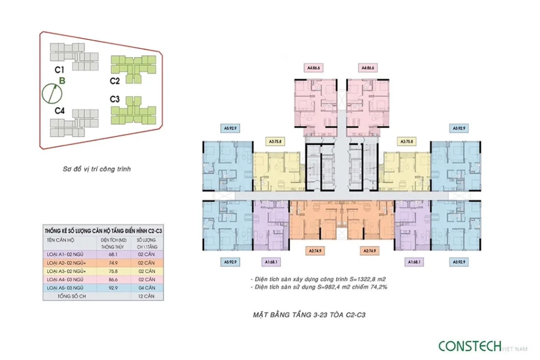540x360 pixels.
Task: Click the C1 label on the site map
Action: coord(59,70)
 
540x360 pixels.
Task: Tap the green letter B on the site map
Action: coord(62,81)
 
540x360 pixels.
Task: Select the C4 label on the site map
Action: coord(60,111)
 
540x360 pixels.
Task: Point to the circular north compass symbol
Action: coord(52,94)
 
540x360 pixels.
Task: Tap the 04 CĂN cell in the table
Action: coord(147,287)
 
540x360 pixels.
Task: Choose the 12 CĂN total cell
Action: coord(147,296)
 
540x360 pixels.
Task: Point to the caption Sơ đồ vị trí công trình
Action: coord(95,170)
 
